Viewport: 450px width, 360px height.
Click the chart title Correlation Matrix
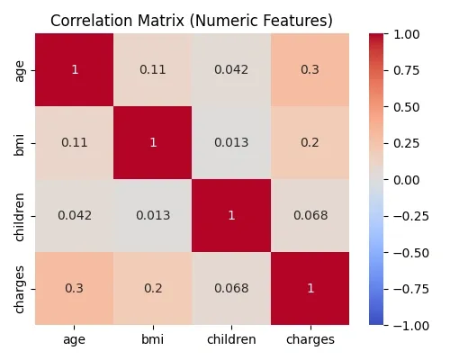(x=191, y=20)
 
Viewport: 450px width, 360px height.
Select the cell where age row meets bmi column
(x=152, y=69)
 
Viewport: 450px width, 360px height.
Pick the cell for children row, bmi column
(x=152, y=215)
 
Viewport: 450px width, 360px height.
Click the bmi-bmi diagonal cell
(x=152, y=142)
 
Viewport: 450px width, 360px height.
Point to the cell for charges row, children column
(x=230, y=288)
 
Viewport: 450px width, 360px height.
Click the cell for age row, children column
(x=230, y=69)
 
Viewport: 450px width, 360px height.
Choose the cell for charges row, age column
(x=75, y=288)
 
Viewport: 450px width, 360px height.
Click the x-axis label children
(x=230, y=340)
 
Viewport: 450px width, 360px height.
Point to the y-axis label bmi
(x=20, y=142)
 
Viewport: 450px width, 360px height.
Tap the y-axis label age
(x=20, y=69)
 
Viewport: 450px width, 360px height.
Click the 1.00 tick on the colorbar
(x=407, y=33)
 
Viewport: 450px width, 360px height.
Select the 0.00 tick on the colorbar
(x=407, y=179)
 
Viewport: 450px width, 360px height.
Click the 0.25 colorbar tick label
(x=407, y=143)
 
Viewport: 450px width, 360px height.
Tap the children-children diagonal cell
(x=230, y=215)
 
